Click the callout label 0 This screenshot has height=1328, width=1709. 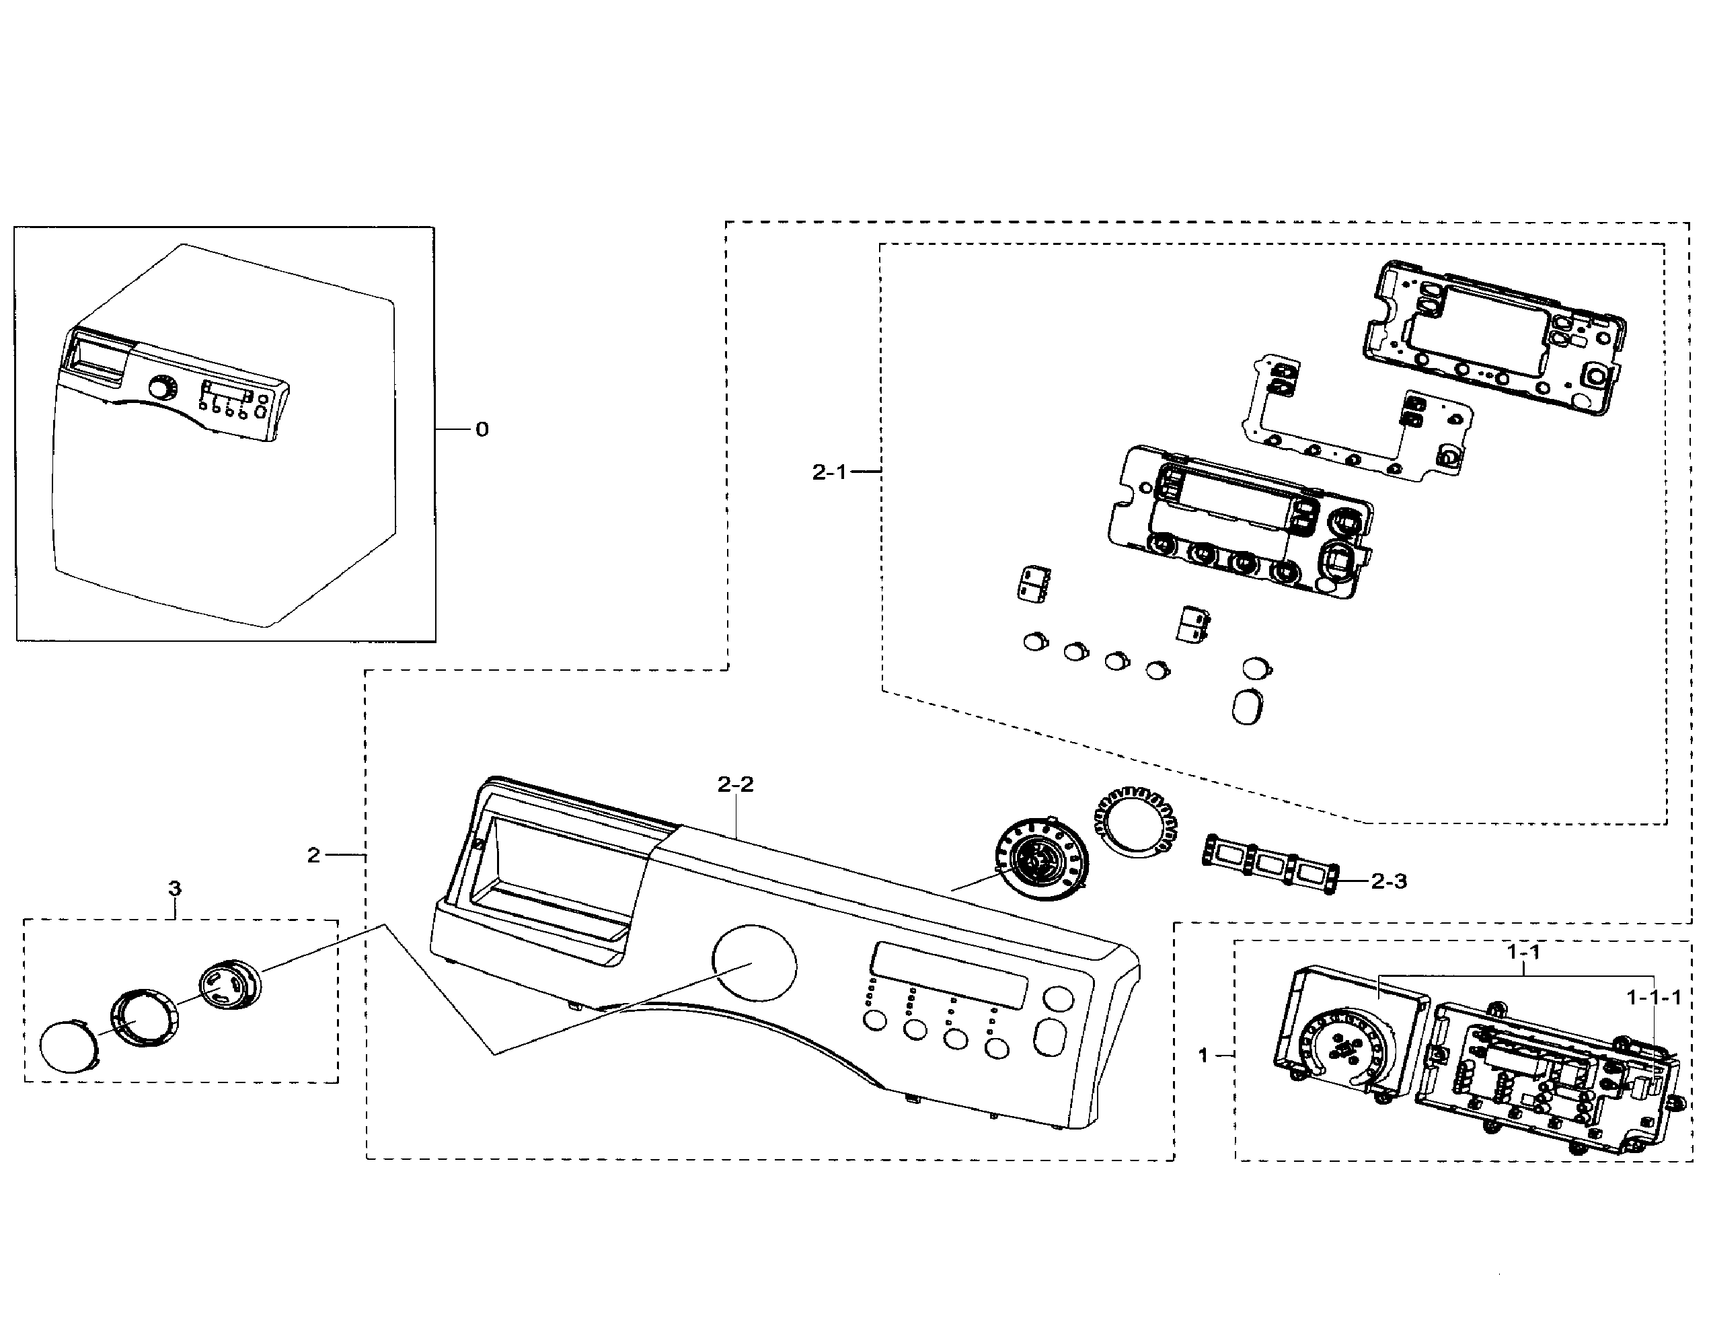[x=482, y=430]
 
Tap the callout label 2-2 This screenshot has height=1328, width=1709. [x=736, y=784]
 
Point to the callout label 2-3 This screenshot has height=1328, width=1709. [x=1389, y=881]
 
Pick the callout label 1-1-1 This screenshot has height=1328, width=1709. [x=1653, y=998]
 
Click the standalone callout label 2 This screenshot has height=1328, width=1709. [x=314, y=855]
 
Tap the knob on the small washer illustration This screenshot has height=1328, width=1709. [x=162, y=389]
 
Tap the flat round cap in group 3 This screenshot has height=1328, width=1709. [x=68, y=1046]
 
